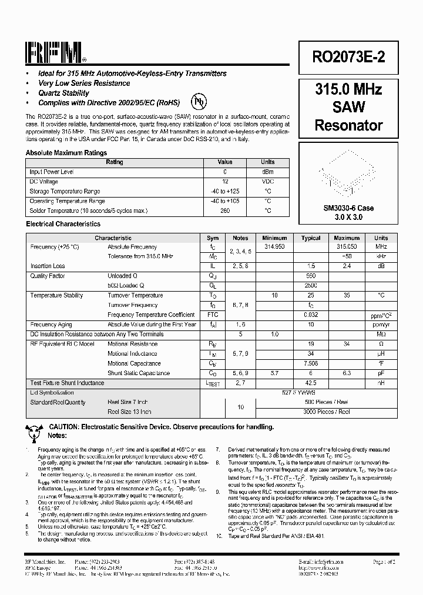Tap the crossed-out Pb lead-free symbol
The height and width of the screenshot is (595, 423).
point(200,100)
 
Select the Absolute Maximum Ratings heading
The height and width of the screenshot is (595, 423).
point(66,153)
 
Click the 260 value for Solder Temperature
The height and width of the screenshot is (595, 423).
point(224,210)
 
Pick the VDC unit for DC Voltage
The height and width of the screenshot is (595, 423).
point(268,182)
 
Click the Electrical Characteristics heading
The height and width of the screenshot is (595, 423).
point(63,224)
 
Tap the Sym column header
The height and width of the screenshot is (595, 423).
point(213,238)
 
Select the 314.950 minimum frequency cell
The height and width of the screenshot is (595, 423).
point(274,247)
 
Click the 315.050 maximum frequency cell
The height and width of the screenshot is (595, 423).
point(347,247)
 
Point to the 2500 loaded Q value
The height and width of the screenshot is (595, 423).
point(311,285)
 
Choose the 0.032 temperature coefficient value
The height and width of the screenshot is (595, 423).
point(311,315)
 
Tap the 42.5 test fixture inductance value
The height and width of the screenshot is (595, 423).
point(311,383)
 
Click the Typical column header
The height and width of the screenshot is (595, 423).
point(311,238)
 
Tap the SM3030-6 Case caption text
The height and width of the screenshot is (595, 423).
point(348,208)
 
